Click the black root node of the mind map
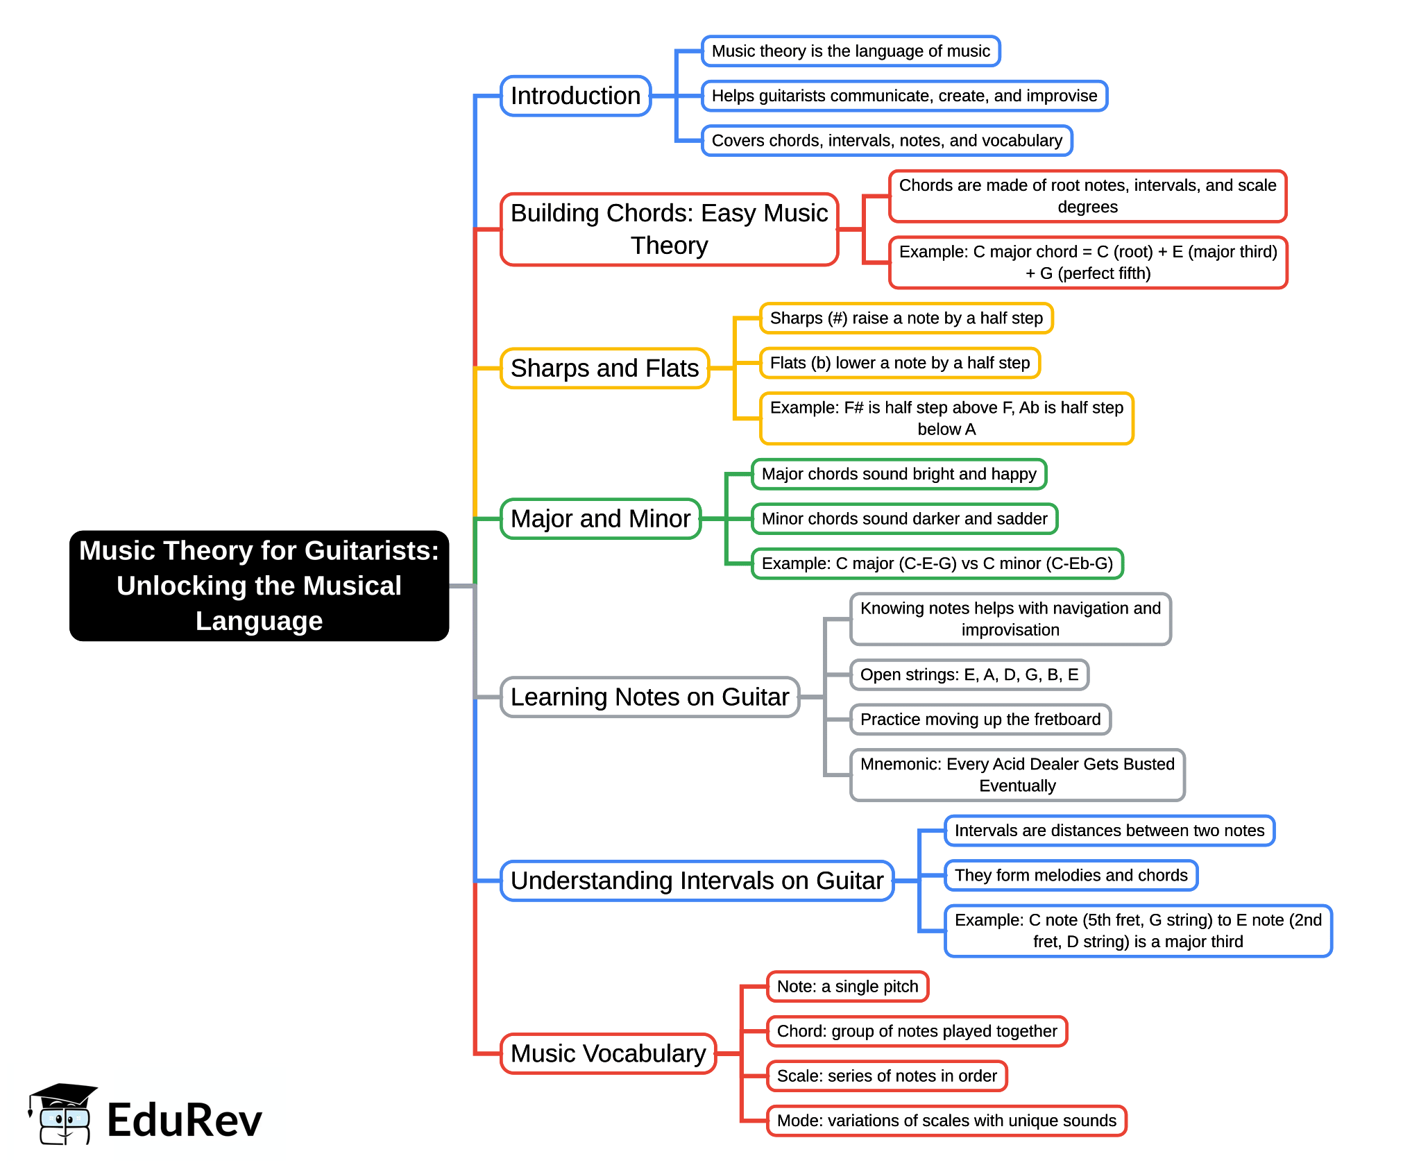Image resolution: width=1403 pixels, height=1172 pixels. tap(259, 586)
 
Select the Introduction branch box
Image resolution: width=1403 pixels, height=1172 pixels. tap(575, 96)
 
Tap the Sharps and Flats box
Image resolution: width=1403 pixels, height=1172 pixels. tap(604, 368)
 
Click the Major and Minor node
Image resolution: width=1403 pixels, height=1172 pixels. tap(600, 518)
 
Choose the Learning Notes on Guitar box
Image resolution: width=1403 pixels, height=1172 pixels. tap(649, 697)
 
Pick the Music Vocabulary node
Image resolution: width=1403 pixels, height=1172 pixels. tap(608, 1053)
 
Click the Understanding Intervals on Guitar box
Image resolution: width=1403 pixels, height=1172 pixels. tap(697, 881)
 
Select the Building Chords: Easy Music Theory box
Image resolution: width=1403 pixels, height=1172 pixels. tap(669, 229)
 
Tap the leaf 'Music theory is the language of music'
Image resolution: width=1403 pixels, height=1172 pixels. tap(851, 51)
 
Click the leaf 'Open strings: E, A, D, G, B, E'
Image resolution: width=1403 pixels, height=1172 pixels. tap(969, 674)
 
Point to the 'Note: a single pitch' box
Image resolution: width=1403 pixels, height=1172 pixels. tap(847, 987)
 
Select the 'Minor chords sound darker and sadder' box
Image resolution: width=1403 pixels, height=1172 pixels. tap(904, 519)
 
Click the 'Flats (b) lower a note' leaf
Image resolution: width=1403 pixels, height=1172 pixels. tap(899, 363)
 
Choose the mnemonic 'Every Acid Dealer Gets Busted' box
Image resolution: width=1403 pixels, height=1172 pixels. tap(1017, 775)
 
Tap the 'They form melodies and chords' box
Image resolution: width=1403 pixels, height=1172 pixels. tap(1071, 875)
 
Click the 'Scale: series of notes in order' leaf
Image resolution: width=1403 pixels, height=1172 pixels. tap(886, 1076)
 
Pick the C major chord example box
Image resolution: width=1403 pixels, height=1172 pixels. tap(1087, 262)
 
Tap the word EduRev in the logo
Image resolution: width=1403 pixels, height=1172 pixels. tap(185, 1120)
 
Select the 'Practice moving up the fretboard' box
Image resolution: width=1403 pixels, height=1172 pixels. tap(980, 720)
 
